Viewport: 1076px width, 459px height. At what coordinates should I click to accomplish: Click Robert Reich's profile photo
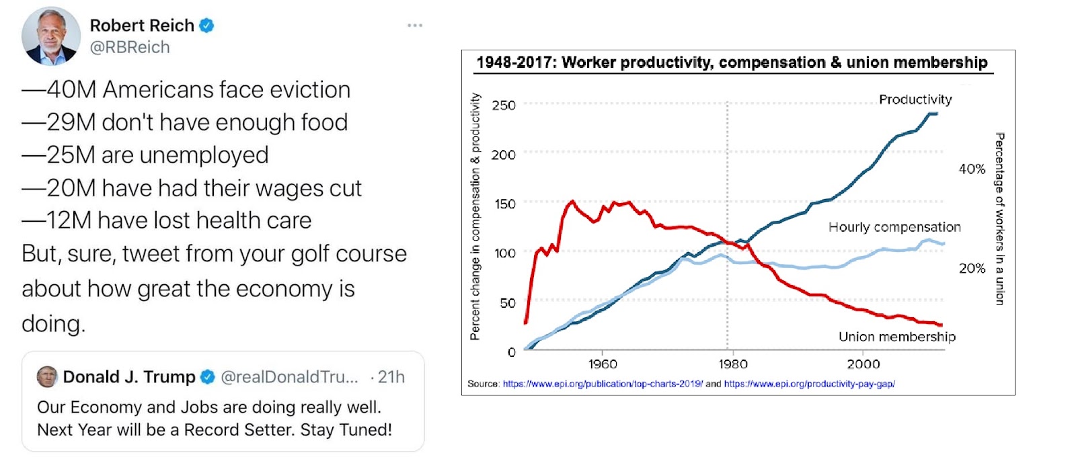[x=51, y=36]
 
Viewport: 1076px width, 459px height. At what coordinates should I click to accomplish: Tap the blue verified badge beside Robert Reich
[x=207, y=26]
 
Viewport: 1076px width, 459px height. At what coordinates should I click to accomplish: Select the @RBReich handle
[x=130, y=48]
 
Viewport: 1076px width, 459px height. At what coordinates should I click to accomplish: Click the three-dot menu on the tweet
[x=415, y=26]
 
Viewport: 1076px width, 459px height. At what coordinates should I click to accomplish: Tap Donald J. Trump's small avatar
[x=47, y=377]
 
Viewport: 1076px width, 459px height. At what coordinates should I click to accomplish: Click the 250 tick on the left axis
[x=504, y=106]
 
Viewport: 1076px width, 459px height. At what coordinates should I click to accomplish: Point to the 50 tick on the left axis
[x=508, y=303]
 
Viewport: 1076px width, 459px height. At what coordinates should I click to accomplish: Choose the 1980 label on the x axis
[x=732, y=364]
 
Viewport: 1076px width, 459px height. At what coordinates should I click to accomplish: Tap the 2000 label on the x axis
[x=863, y=364]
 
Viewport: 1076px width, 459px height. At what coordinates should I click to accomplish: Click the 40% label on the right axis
[x=972, y=169]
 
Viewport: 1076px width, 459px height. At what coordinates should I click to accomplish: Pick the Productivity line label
[x=915, y=99]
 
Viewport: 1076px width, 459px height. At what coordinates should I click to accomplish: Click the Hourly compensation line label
[x=894, y=227]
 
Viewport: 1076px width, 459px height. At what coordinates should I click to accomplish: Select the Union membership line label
[x=896, y=337]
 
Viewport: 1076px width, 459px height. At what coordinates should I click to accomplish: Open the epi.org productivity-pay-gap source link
[x=809, y=384]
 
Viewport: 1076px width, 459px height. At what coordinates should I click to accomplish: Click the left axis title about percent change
[x=475, y=216]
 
